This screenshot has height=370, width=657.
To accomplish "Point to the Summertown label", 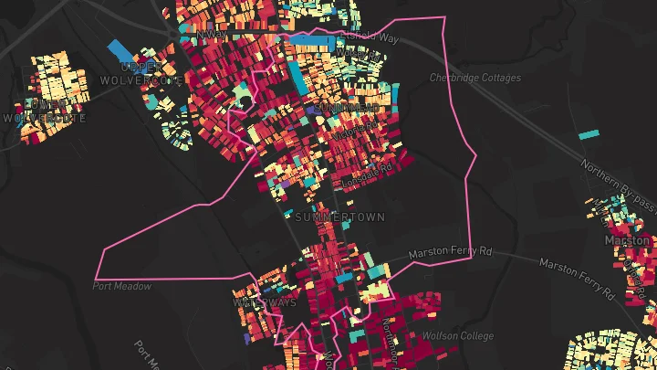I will [340, 217].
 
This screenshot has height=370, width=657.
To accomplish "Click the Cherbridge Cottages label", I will [474, 79].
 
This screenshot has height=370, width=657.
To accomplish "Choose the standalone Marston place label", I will [627, 240].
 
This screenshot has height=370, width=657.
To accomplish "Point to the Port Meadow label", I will [121, 286].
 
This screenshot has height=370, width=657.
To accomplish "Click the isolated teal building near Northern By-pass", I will [589, 135].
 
